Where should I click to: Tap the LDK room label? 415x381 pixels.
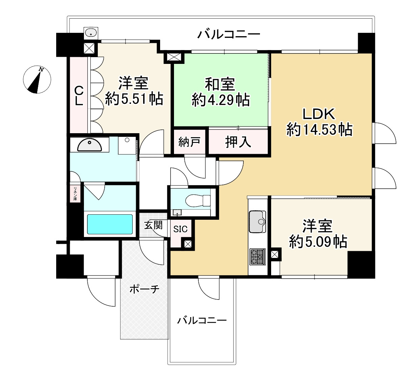(x=319, y=114)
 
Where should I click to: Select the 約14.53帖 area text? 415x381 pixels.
(x=319, y=130)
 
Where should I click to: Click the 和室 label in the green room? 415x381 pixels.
(x=220, y=84)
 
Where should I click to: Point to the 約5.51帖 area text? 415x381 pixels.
(x=134, y=99)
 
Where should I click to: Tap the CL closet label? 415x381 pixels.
(x=79, y=96)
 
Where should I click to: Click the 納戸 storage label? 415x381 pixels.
(x=189, y=142)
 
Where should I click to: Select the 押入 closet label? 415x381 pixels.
(x=238, y=142)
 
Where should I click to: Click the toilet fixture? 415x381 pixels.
(x=198, y=200)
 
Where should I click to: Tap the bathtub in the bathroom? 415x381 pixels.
(x=110, y=224)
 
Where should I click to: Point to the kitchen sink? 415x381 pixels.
(x=258, y=222)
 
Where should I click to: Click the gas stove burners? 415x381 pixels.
(x=257, y=257)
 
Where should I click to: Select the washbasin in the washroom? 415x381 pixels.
(x=89, y=145)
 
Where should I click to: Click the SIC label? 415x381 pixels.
(x=180, y=229)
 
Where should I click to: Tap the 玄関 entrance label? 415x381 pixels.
(x=153, y=225)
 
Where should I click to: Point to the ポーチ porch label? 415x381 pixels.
(x=144, y=289)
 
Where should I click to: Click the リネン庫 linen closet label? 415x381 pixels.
(x=75, y=194)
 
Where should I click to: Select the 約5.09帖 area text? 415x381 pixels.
(x=318, y=242)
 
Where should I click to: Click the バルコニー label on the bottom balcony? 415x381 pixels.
(x=202, y=320)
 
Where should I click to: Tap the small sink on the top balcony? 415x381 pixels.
(x=91, y=33)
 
